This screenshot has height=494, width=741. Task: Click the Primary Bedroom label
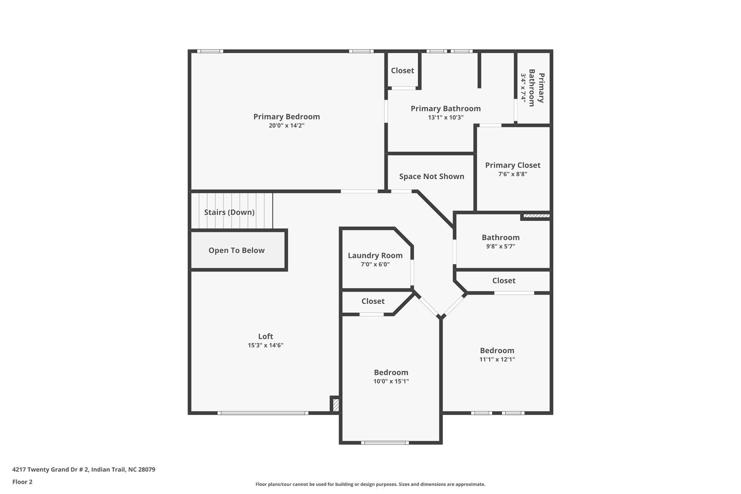click(287, 117)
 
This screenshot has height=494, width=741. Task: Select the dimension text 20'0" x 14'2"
click(287, 126)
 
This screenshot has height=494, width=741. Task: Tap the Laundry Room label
click(375, 256)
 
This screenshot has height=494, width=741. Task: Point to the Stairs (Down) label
click(229, 212)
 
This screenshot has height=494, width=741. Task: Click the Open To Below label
click(237, 250)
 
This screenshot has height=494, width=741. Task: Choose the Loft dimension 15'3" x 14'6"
click(266, 345)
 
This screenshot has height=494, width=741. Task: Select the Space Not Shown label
click(432, 177)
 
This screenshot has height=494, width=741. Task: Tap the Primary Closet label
click(513, 165)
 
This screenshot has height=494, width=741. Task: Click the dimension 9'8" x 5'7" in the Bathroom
click(501, 246)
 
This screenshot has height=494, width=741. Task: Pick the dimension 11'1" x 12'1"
click(497, 359)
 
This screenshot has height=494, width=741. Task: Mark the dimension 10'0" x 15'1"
click(391, 381)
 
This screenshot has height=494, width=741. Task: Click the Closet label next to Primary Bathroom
click(402, 71)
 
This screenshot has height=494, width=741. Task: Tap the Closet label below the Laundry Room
click(373, 301)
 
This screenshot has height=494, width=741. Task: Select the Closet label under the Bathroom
click(504, 280)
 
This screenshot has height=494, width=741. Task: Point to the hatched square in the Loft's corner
click(336, 405)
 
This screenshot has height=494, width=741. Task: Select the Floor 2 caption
click(22, 482)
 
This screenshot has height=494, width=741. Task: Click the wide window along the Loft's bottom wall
click(263, 413)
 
